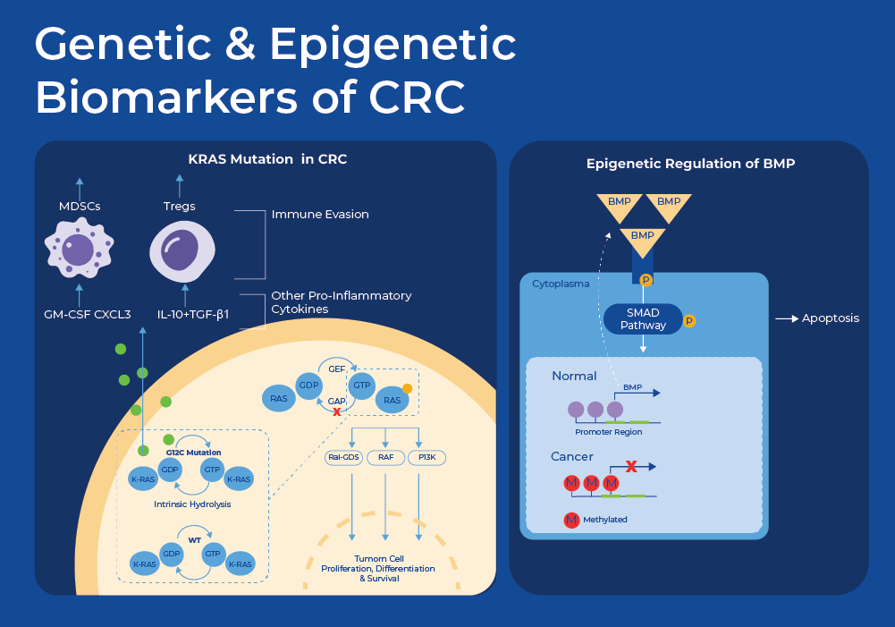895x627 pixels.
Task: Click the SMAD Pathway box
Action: click(644, 318)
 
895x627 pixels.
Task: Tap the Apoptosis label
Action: click(831, 318)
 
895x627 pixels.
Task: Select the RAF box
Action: click(385, 457)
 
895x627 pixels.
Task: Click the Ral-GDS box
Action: click(342, 457)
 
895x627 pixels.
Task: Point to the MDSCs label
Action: click(79, 206)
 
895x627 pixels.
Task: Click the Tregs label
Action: click(179, 206)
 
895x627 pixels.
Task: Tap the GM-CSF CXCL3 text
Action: click(88, 314)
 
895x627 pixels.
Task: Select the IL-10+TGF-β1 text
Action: click(193, 314)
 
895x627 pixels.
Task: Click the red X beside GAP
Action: click(336, 411)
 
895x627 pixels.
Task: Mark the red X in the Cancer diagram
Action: click(630, 466)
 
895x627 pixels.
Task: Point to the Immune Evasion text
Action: click(320, 215)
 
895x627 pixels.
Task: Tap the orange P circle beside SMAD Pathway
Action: click(689, 320)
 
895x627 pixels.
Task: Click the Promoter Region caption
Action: click(608, 432)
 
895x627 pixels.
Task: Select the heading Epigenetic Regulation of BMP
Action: click(690, 164)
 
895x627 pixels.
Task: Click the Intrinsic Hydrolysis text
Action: click(192, 504)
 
